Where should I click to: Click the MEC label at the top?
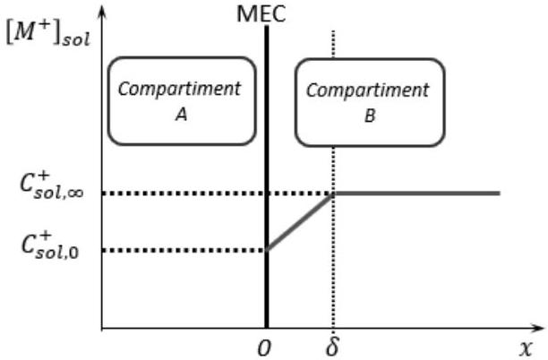[261, 14]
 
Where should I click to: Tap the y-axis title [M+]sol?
[48, 33]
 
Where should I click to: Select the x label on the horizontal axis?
[526, 348]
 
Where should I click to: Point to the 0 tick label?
[264, 348]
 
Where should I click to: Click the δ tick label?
[332, 346]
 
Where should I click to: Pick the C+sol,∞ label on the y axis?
[52, 186]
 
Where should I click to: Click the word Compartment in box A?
[179, 89]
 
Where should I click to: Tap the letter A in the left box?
[181, 115]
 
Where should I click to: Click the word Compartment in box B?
[368, 90]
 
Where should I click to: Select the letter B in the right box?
[370, 116]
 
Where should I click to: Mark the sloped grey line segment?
[300, 222]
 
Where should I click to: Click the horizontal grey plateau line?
[416, 193]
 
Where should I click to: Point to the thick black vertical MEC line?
[267, 176]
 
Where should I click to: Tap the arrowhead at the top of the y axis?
[102, 11]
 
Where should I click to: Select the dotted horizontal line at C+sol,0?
[184, 250]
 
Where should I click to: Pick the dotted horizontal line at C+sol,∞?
[218, 193]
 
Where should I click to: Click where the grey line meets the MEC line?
[267, 250]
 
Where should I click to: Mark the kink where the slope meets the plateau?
[333, 193]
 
